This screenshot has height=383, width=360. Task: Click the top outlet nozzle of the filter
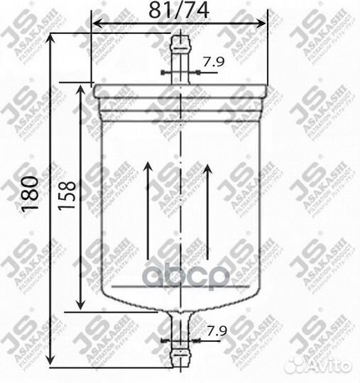[x=181, y=60]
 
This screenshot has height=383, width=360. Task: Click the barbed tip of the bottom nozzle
[x=181, y=350]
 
